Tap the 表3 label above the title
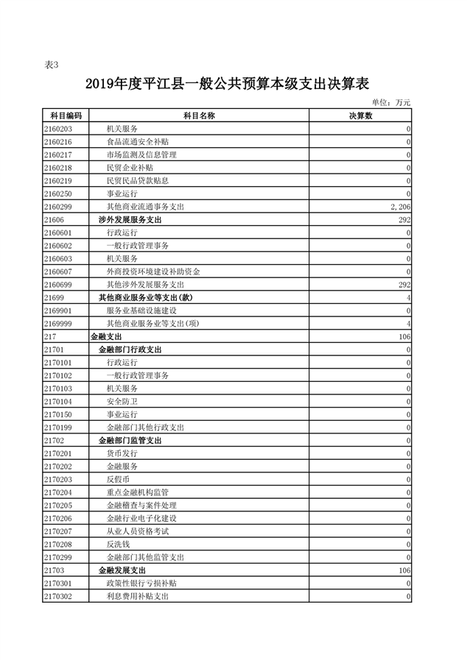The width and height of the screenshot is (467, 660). click(52, 65)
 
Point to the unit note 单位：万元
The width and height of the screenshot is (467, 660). click(390, 102)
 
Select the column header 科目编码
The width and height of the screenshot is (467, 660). click(66, 116)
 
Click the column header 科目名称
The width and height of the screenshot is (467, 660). click(198, 116)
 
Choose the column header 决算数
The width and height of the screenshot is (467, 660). click(360, 116)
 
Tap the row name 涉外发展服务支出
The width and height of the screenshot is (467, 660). click(130, 220)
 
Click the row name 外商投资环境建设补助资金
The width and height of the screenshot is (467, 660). click(152, 272)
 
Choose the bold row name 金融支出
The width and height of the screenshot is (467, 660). click(105, 336)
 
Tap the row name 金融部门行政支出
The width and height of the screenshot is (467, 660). click(130, 349)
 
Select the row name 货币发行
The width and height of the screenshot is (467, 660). click(122, 453)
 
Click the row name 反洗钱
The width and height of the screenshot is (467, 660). click(118, 544)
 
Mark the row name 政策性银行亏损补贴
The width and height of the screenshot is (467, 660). click(141, 583)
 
